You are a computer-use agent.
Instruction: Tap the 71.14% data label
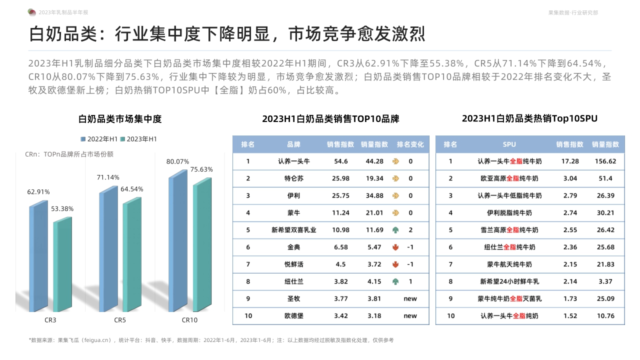point(108,177)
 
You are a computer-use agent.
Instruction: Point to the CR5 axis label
point(119,320)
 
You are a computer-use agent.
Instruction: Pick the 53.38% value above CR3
point(62,209)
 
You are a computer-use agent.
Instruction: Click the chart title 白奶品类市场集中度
point(120,119)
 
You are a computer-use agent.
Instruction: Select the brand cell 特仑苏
point(293,178)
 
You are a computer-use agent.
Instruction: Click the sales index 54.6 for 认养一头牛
point(340,161)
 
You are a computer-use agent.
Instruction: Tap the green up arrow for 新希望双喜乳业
point(396,230)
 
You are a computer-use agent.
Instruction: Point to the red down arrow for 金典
point(396,247)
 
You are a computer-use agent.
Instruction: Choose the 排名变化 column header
point(410,144)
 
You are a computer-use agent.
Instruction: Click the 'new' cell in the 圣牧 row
point(410,299)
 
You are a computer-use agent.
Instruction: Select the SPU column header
point(509,144)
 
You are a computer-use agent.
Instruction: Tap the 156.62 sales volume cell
point(605,161)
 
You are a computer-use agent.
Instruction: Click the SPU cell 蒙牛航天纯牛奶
point(509,264)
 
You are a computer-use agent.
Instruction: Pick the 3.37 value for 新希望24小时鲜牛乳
point(605,281)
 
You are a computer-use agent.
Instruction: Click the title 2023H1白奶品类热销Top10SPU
point(529,119)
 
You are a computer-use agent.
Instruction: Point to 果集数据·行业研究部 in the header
point(573,12)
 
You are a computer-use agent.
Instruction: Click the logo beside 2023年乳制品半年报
point(32,12)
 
